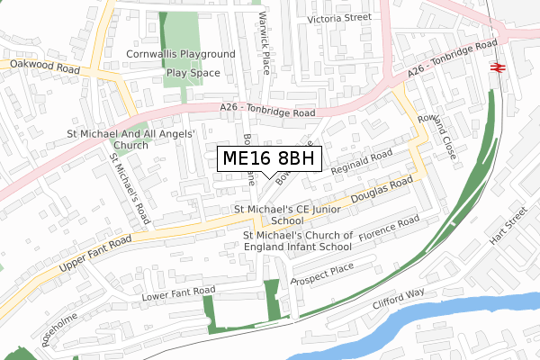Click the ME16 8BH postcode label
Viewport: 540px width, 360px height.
point(267,159)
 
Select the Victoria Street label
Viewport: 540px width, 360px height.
point(338,17)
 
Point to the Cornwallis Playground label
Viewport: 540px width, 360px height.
point(180,54)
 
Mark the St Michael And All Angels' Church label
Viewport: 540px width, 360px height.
point(132,139)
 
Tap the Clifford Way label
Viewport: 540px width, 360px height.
point(400,299)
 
